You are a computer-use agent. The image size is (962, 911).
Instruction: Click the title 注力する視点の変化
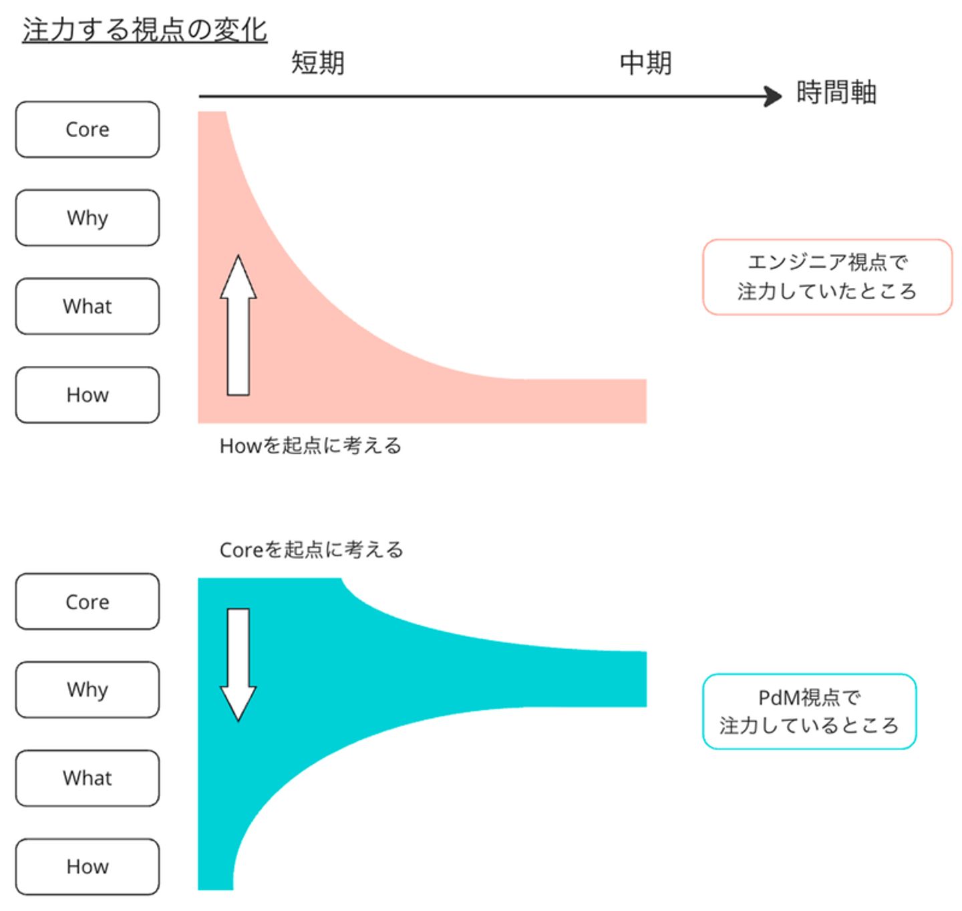click(x=145, y=31)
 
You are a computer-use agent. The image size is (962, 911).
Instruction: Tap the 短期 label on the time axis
click(x=318, y=63)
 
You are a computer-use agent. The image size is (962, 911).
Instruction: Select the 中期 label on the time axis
click(x=645, y=63)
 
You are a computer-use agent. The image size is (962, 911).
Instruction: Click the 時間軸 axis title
click(x=836, y=92)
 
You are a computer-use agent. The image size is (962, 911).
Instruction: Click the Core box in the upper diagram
click(x=88, y=130)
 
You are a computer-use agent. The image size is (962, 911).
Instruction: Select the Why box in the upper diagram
click(x=88, y=218)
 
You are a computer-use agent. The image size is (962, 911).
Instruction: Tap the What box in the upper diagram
click(x=88, y=307)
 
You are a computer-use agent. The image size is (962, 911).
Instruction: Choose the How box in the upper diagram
click(x=88, y=395)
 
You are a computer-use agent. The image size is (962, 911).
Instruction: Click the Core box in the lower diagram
click(x=88, y=602)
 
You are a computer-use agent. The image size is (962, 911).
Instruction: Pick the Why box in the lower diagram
click(x=88, y=689)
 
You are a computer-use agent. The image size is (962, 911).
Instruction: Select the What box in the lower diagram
click(x=88, y=778)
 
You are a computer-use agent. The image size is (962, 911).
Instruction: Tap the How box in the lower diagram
click(x=88, y=866)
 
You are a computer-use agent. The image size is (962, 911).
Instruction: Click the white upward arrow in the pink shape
click(x=238, y=327)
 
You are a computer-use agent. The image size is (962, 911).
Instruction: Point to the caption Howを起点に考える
click(x=311, y=445)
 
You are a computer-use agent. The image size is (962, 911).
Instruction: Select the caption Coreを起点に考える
click(x=311, y=550)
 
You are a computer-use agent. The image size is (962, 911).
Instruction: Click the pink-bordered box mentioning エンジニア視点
click(x=827, y=277)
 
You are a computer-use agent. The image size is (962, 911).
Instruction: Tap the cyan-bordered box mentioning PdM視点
click(x=809, y=711)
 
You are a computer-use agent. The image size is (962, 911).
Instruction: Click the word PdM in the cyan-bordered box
click(x=779, y=698)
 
